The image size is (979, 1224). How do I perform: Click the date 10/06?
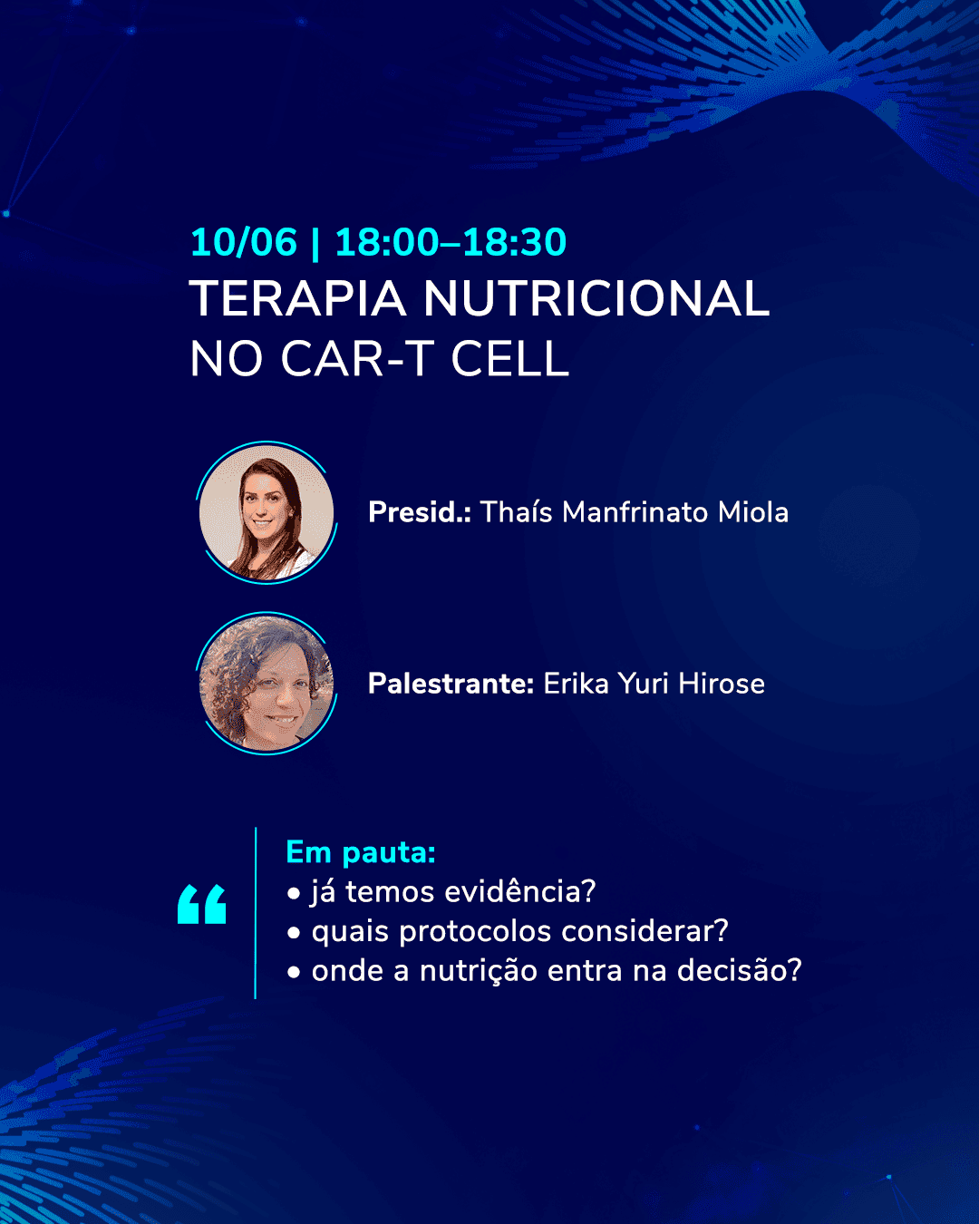click(244, 242)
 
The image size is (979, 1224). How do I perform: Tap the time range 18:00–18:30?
click(451, 242)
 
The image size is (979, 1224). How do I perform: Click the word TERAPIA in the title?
click(297, 299)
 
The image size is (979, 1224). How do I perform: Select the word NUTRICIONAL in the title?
click(596, 299)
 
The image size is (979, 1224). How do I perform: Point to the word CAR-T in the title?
click(356, 359)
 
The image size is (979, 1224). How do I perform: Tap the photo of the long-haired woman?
click(267, 513)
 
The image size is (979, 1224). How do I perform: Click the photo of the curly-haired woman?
click(267, 684)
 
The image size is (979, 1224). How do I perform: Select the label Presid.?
click(420, 512)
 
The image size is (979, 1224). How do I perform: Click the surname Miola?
click(753, 512)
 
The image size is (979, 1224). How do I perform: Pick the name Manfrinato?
click(635, 512)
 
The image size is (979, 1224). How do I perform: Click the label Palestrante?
click(451, 684)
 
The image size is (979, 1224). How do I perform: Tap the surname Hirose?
click(722, 684)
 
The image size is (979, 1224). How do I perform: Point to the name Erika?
click(577, 684)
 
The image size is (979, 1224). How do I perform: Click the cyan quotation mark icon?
click(201, 905)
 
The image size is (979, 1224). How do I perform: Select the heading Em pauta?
click(361, 852)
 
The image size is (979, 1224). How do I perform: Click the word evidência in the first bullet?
click(519, 892)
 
